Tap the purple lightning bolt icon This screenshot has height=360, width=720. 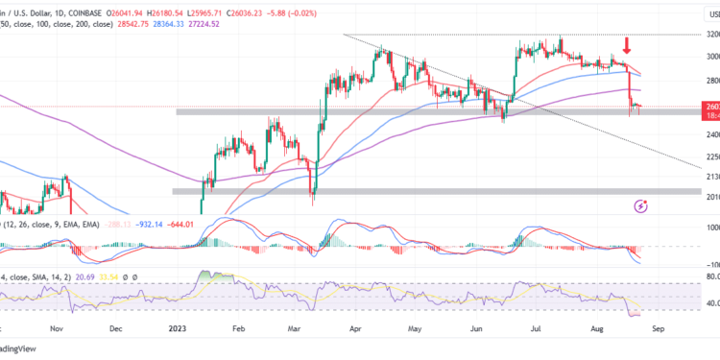[x=641, y=205]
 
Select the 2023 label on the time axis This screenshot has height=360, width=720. [x=178, y=327]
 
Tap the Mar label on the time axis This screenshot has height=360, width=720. [x=298, y=327]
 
